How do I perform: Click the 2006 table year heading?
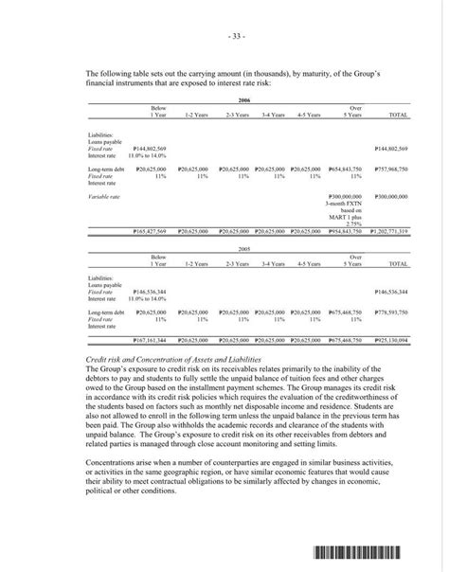point(244,99)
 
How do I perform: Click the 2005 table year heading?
point(244,251)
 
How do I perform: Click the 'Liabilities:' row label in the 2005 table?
point(100,278)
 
